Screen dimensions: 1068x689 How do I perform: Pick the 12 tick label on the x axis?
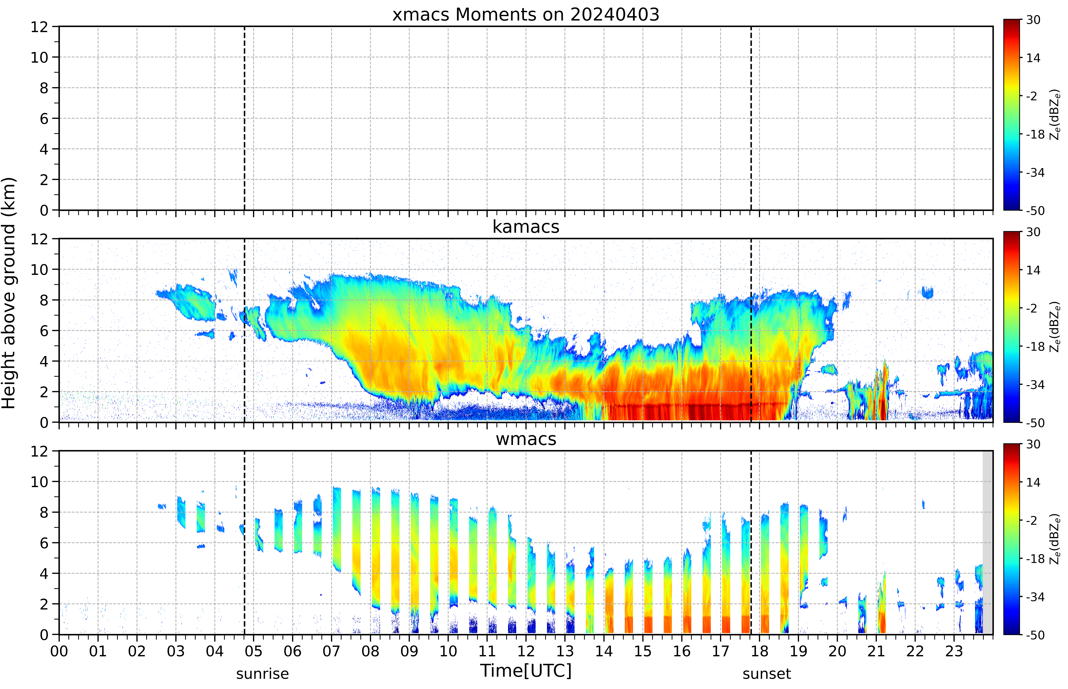coord(526,651)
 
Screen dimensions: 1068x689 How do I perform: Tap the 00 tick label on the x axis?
coord(59,651)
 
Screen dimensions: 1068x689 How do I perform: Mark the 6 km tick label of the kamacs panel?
coord(44,331)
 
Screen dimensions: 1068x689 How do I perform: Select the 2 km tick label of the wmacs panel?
coord(44,604)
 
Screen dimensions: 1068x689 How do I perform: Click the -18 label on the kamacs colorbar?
coord(1035,346)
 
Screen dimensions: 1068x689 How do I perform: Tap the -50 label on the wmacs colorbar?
coord(1035,635)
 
